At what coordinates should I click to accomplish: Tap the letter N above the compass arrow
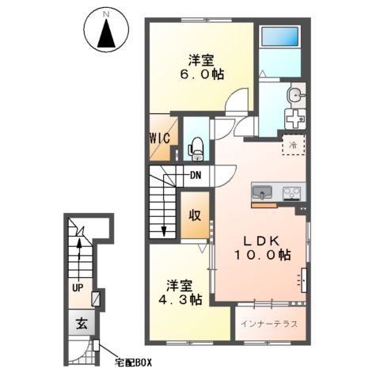coord(106,15)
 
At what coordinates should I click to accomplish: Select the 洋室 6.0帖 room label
coord(202,67)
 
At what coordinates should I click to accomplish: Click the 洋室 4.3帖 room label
coord(180,292)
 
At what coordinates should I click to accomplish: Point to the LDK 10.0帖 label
coord(263,248)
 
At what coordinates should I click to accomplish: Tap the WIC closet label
coord(160,138)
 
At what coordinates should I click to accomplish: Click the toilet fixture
coord(196,149)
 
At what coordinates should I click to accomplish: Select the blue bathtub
coord(280,37)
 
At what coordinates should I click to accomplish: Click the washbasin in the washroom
coord(296,95)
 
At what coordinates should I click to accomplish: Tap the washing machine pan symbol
coord(295,119)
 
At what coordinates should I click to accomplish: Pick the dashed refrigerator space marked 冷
coord(294,145)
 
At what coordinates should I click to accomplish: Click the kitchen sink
coord(262,192)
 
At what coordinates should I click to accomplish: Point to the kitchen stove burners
coord(292,193)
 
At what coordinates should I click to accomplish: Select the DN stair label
coord(196,176)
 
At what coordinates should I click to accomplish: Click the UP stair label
coord(78,287)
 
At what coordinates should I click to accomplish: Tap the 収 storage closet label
coord(195,216)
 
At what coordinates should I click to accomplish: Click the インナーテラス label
coord(269,324)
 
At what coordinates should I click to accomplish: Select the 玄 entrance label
coord(82,323)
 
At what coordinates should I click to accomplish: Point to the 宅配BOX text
coord(133,363)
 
